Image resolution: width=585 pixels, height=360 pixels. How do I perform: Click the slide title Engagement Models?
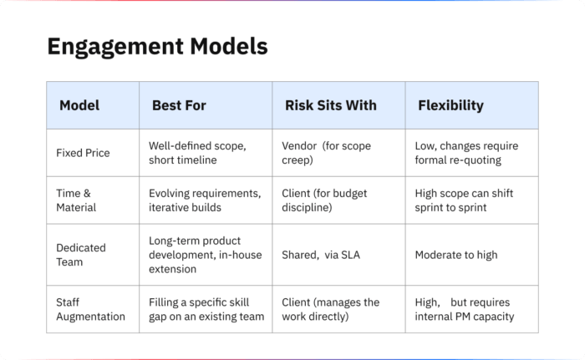(157, 47)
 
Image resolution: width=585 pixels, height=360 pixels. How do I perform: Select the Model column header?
(79, 105)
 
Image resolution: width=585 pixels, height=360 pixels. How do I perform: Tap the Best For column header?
(179, 105)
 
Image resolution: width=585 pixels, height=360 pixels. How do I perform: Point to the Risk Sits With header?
(331, 105)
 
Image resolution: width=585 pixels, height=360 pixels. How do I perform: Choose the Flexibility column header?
(450, 105)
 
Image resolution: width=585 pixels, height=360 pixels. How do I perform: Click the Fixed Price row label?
(83, 153)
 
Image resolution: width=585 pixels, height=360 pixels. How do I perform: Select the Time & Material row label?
(76, 200)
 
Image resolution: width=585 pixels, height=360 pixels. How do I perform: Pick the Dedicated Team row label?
(81, 255)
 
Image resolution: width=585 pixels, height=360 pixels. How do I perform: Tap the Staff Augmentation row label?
(90, 309)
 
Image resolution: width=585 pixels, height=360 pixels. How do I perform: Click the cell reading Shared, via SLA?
(321, 255)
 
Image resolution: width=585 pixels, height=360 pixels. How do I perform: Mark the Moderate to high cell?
(456, 255)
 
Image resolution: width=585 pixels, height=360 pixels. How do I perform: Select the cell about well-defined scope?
(197, 153)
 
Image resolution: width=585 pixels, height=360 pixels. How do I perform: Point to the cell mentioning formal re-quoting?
(466, 153)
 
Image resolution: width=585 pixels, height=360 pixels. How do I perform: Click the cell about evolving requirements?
(205, 200)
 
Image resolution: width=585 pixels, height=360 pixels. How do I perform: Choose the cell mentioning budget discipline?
(324, 200)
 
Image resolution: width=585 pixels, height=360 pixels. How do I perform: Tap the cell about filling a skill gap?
(206, 309)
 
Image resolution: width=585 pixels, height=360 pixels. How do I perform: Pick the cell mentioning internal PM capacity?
(465, 309)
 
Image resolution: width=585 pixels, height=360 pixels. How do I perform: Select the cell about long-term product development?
(206, 255)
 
